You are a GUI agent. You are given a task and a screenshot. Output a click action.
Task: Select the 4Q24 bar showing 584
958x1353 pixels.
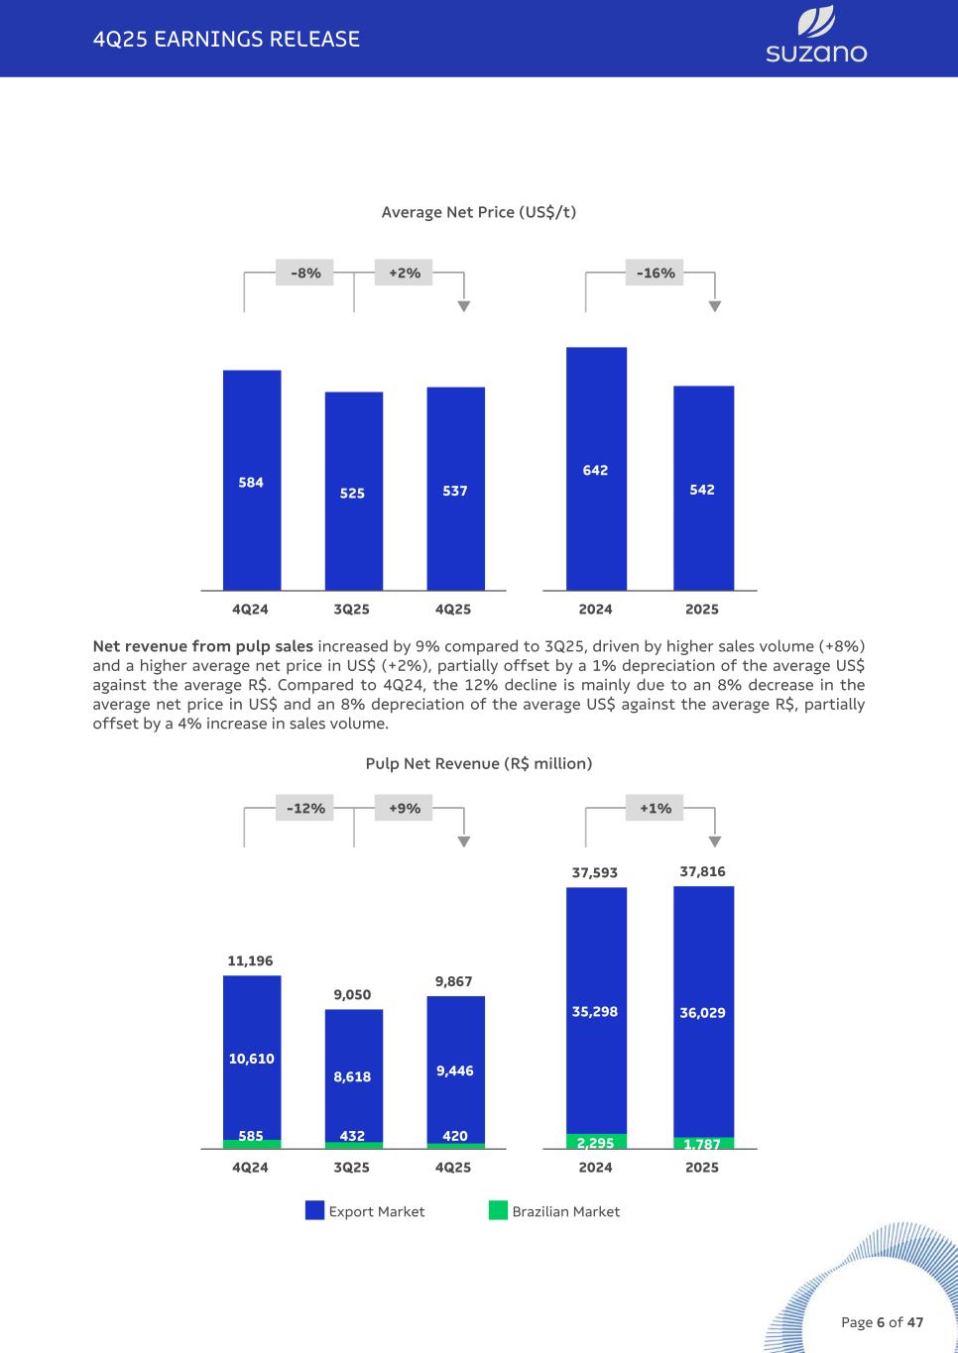point(252,481)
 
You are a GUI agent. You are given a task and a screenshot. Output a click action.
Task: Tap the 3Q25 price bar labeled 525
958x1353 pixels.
point(353,492)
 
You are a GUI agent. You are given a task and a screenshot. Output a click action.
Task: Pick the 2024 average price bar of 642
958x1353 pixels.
point(596,469)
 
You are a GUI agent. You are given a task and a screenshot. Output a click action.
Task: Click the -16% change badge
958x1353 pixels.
point(656,273)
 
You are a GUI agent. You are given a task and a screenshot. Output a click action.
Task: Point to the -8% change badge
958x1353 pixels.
point(305,273)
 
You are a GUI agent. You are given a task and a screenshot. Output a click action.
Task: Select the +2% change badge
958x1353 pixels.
point(405,273)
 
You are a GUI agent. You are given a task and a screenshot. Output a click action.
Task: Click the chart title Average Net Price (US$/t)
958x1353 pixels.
point(478,212)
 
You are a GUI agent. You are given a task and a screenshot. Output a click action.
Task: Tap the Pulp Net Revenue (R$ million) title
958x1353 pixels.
point(478,763)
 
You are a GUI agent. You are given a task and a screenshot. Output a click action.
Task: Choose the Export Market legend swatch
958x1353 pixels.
point(314,1210)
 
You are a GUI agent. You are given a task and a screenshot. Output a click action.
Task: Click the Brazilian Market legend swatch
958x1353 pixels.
point(498,1210)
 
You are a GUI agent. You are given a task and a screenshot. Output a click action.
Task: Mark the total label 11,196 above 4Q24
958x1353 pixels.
point(250,960)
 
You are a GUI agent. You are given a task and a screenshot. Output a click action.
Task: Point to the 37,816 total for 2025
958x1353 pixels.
point(702,871)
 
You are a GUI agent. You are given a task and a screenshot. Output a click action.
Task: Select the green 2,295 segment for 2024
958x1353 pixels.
point(596,1142)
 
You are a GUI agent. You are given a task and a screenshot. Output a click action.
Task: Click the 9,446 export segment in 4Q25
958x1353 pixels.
point(455,1071)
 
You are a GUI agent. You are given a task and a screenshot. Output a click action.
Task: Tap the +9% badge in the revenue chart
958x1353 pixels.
point(405,808)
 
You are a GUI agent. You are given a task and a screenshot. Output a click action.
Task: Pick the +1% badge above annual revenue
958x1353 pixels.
point(656,808)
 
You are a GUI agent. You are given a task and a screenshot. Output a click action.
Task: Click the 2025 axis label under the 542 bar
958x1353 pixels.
point(702,610)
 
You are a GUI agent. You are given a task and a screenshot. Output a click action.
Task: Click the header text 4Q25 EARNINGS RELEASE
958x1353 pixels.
point(226,39)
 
